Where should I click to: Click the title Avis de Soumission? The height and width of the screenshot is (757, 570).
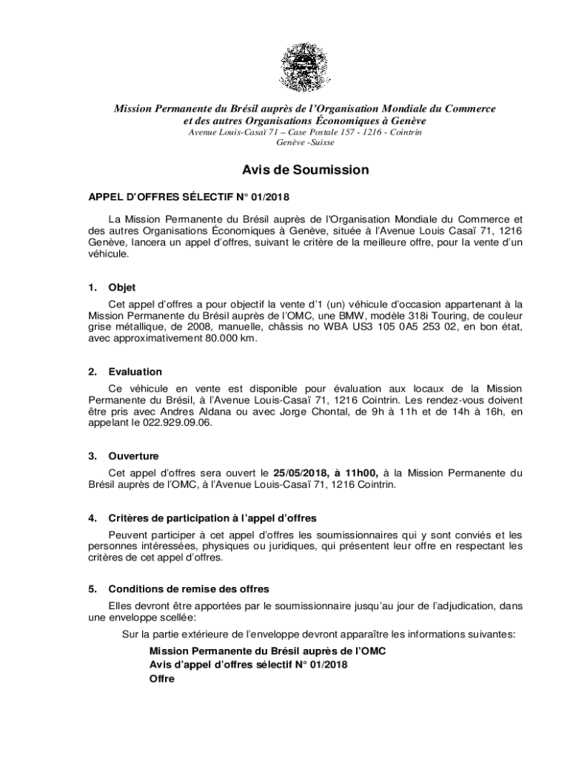point(304,170)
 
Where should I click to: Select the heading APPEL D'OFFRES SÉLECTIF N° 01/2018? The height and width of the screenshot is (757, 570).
point(189,197)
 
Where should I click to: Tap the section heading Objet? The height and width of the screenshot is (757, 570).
point(121,288)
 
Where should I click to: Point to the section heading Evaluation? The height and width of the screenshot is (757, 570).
point(135,372)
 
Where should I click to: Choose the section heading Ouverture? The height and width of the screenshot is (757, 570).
point(133,456)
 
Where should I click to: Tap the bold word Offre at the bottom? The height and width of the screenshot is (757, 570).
point(161,679)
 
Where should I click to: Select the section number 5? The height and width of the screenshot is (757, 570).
point(92,589)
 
